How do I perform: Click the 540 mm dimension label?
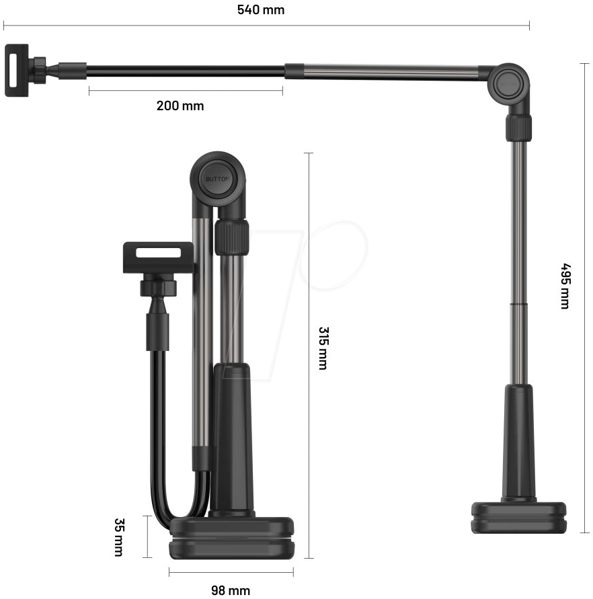[x=261, y=9]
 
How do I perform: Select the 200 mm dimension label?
[x=180, y=106]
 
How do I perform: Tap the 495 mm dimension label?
[x=565, y=286]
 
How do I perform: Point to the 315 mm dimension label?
[x=323, y=348]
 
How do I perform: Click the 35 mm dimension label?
[x=119, y=537]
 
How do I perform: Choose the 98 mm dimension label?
[x=231, y=590]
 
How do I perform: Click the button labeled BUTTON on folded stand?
[x=218, y=179]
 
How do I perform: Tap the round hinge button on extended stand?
[x=508, y=83]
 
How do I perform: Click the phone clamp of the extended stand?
[x=16, y=71]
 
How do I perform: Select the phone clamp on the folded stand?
[x=158, y=257]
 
